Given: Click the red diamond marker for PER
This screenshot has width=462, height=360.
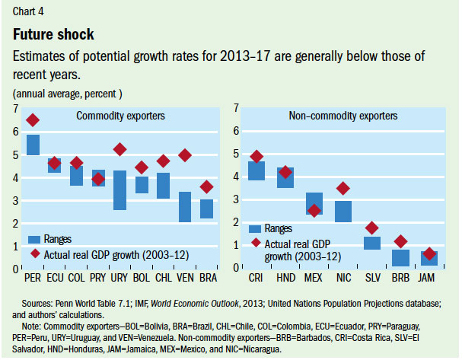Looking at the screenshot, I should (x=33, y=120).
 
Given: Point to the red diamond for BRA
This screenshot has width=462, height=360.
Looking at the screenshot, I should (x=206, y=186).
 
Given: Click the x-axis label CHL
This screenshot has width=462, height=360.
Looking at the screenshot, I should (x=163, y=279).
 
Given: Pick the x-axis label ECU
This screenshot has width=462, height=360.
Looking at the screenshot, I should (x=54, y=279).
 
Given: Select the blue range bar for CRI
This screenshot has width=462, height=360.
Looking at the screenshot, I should (x=256, y=170).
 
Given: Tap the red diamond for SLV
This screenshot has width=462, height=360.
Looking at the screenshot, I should (x=372, y=228).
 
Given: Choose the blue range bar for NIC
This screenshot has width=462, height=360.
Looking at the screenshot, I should (x=343, y=211).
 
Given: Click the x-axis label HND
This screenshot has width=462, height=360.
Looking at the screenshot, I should (x=285, y=279).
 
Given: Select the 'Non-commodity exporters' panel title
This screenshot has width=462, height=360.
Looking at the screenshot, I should (x=343, y=116).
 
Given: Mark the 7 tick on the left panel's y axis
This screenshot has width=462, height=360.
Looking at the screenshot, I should (x=16, y=109).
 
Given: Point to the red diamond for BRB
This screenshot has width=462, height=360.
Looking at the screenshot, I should (x=401, y=242).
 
